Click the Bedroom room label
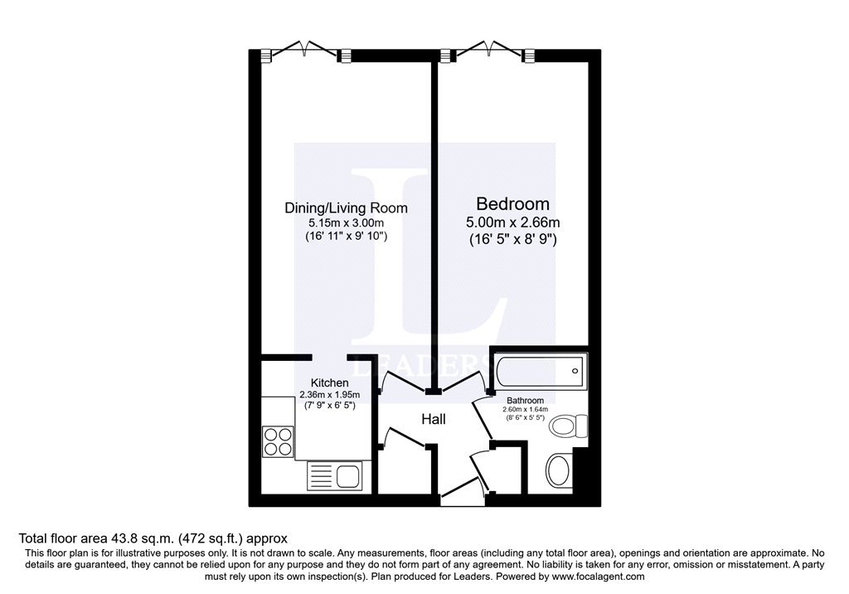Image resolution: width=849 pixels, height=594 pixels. [512, 204]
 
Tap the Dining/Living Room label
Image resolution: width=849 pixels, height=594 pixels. [346, 208]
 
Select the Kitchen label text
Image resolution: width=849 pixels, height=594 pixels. [329, 382]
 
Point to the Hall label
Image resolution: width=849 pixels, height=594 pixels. [433, 419]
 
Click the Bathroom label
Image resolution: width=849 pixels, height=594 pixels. [525, 401]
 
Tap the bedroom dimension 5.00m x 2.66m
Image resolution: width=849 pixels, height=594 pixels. [512, 222]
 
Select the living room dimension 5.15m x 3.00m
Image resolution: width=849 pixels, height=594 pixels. [346, 222]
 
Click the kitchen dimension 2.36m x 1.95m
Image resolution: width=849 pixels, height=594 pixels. [329, 395]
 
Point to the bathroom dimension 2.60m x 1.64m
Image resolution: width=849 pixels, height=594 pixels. [525, 410]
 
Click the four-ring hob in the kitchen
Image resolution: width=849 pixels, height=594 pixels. [279, 441]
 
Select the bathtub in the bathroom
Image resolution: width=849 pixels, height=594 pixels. [540, 371]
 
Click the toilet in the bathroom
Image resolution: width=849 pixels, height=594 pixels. [568, 426]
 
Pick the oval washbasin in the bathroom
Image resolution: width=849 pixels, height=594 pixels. [559, 470]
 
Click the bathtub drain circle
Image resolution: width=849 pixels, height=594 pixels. [575, 372]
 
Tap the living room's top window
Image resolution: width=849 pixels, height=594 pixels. [305, 51]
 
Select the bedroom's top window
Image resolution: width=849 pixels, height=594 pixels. [488, 51]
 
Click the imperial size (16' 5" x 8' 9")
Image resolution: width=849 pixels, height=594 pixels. [512, 240]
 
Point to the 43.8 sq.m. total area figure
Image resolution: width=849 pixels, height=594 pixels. [143, 538]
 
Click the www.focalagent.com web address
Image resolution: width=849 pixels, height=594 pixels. [599, 577]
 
